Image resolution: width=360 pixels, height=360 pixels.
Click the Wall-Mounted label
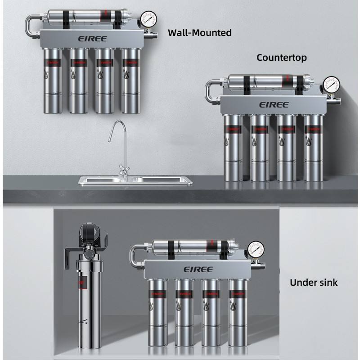[x=199, y=32]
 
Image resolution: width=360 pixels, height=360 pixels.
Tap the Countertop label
[x=282, y=58]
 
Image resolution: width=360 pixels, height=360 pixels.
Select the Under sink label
[x=314, y=283]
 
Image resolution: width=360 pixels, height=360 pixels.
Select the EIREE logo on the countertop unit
[x=274, y=104]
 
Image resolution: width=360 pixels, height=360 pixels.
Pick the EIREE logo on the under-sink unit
[x=198, y=269]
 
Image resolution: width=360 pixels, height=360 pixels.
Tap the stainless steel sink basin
[x=135, y=180]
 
